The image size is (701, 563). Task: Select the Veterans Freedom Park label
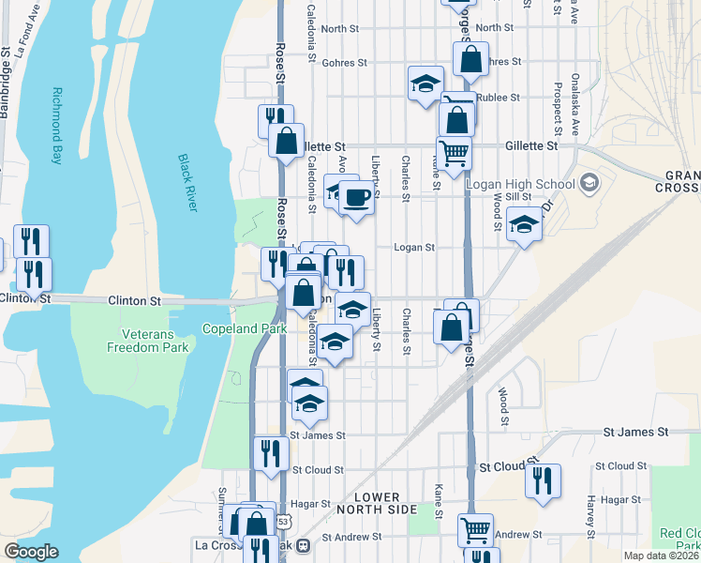point(155,341)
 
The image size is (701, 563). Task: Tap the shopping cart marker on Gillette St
point(454,151)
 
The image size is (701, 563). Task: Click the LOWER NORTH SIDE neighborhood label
point(378,502)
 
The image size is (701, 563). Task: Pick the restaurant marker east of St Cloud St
point(543,480)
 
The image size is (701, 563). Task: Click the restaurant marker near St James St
point(271,453)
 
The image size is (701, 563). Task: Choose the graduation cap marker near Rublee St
point(425,83)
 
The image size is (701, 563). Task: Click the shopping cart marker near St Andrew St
point(476,530)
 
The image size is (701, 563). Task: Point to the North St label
point(339,29)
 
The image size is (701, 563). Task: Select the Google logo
point(32,552)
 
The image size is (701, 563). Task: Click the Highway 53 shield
point(283,522)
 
